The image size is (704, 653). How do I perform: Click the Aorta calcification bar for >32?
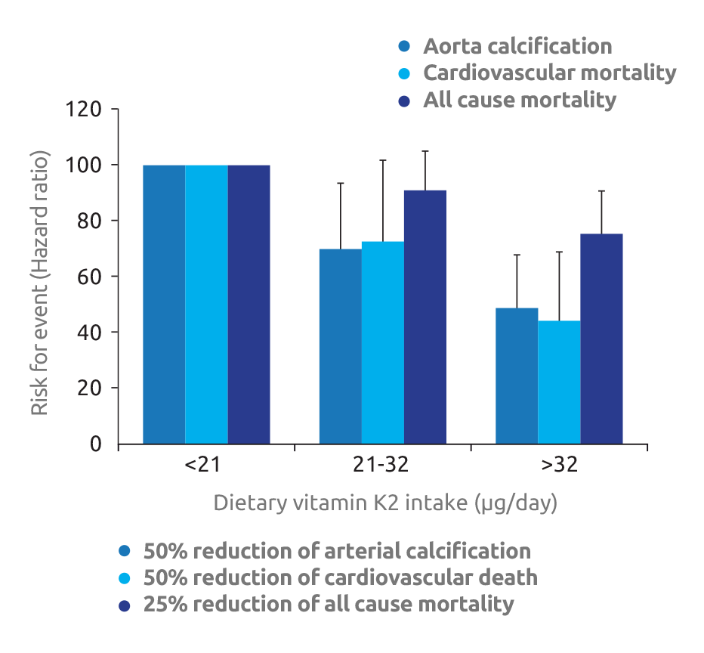point(517,376)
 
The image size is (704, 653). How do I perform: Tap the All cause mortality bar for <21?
point(249,304)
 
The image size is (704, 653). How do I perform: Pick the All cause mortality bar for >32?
point(601,339)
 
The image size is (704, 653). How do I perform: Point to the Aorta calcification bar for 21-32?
point(341,346)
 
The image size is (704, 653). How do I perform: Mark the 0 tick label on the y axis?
point(96,444)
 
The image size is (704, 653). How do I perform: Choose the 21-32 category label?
point(381,465)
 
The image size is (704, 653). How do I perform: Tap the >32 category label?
point(559,465)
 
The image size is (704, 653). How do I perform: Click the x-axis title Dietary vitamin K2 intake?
point(385,503)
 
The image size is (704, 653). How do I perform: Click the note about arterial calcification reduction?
point(337,551)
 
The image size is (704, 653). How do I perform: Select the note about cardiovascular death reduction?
point(341,577)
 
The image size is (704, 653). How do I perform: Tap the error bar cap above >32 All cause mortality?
point(602,190)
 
